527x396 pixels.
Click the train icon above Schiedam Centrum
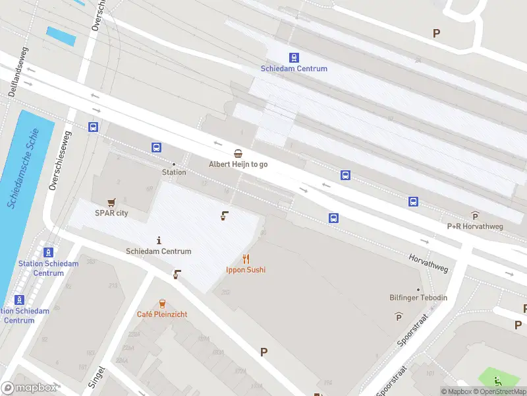coord(294,57)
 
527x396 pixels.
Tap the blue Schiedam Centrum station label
coord(294,69)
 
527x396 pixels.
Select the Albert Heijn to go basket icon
coord(238,153)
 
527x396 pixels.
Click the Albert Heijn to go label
coord(238,164)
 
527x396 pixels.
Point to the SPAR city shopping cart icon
coord(111,202)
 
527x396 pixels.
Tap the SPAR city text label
coord(111,213)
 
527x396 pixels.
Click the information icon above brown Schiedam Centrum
coord(159,240)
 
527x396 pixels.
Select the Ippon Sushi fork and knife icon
coord(246,259)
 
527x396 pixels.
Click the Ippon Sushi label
coord(246,270)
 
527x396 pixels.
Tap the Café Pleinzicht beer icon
coord(162,304)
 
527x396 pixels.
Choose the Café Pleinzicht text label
coord(162,315)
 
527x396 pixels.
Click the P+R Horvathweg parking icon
coord(475,215)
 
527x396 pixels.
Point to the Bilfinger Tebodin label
coord(418,298)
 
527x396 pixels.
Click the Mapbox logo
coord(29,388)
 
